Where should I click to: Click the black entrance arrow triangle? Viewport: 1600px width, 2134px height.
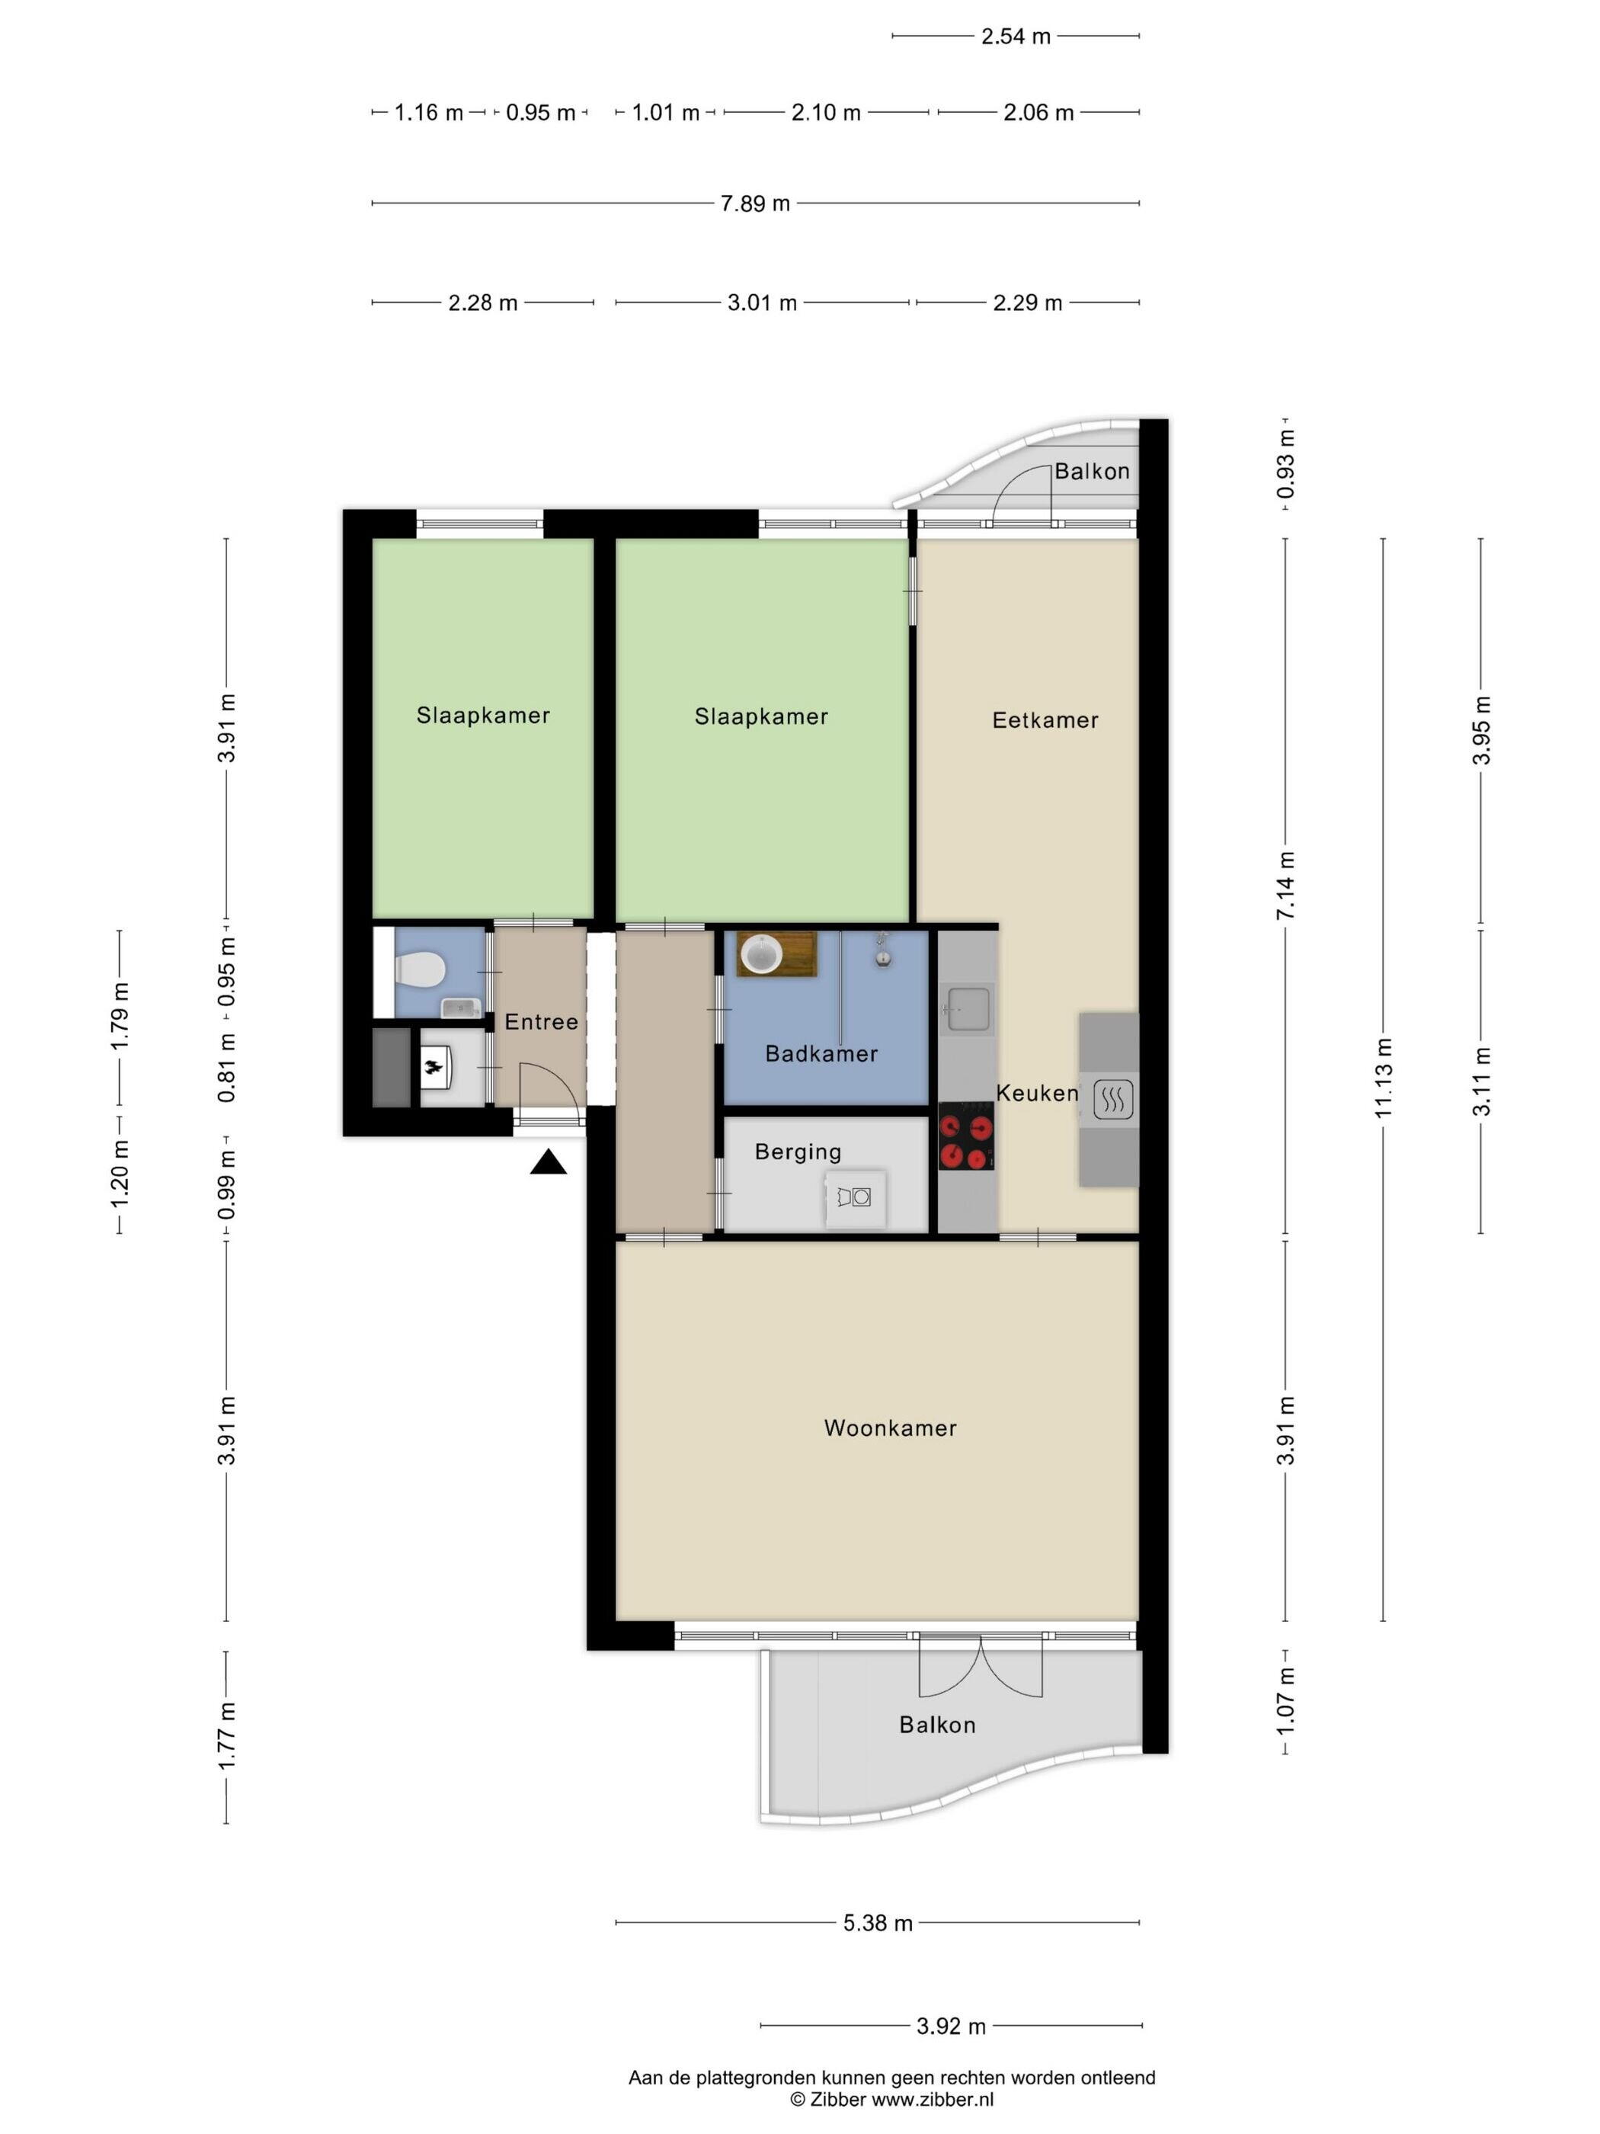tap(548, 1162)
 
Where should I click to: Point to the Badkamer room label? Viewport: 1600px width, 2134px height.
tap(821, 1053)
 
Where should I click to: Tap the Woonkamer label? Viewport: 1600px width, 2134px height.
tap(890, 1427)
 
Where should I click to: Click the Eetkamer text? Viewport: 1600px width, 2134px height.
tap(1045, 719)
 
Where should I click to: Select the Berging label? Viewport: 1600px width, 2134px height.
tap(798, 1152)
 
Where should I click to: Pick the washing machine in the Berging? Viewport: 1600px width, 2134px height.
tap(856, 1197)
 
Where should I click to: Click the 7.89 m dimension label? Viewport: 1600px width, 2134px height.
tap(755, 203)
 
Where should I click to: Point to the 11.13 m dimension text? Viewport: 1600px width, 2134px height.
tap(1384, 1078)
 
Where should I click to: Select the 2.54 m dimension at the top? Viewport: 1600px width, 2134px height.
tap(1016, 37)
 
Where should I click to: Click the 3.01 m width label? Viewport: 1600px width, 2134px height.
tap(762, 303)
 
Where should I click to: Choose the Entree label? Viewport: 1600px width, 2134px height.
tap(541, 1022)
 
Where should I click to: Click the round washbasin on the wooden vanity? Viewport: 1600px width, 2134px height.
tap(761, 955)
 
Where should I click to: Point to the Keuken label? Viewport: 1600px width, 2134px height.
tap(1037, 1093)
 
